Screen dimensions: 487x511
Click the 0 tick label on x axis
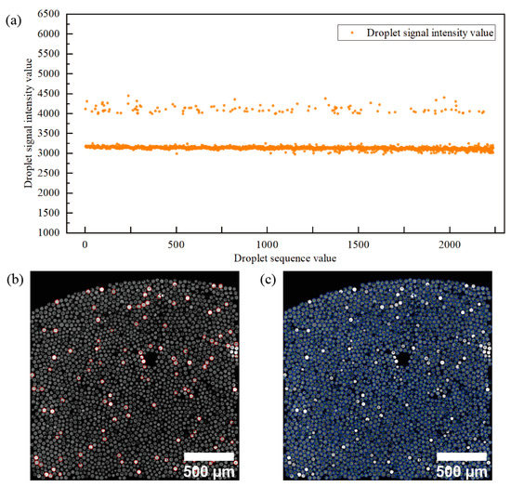[x=85, y=244]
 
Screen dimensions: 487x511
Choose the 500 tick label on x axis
[x=176, y=244]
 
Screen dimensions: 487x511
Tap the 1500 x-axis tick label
[x=358, y=244]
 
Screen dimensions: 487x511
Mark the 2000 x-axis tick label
[x=449, y=244]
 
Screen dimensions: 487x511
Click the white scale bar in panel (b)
[x=213, y=455]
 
